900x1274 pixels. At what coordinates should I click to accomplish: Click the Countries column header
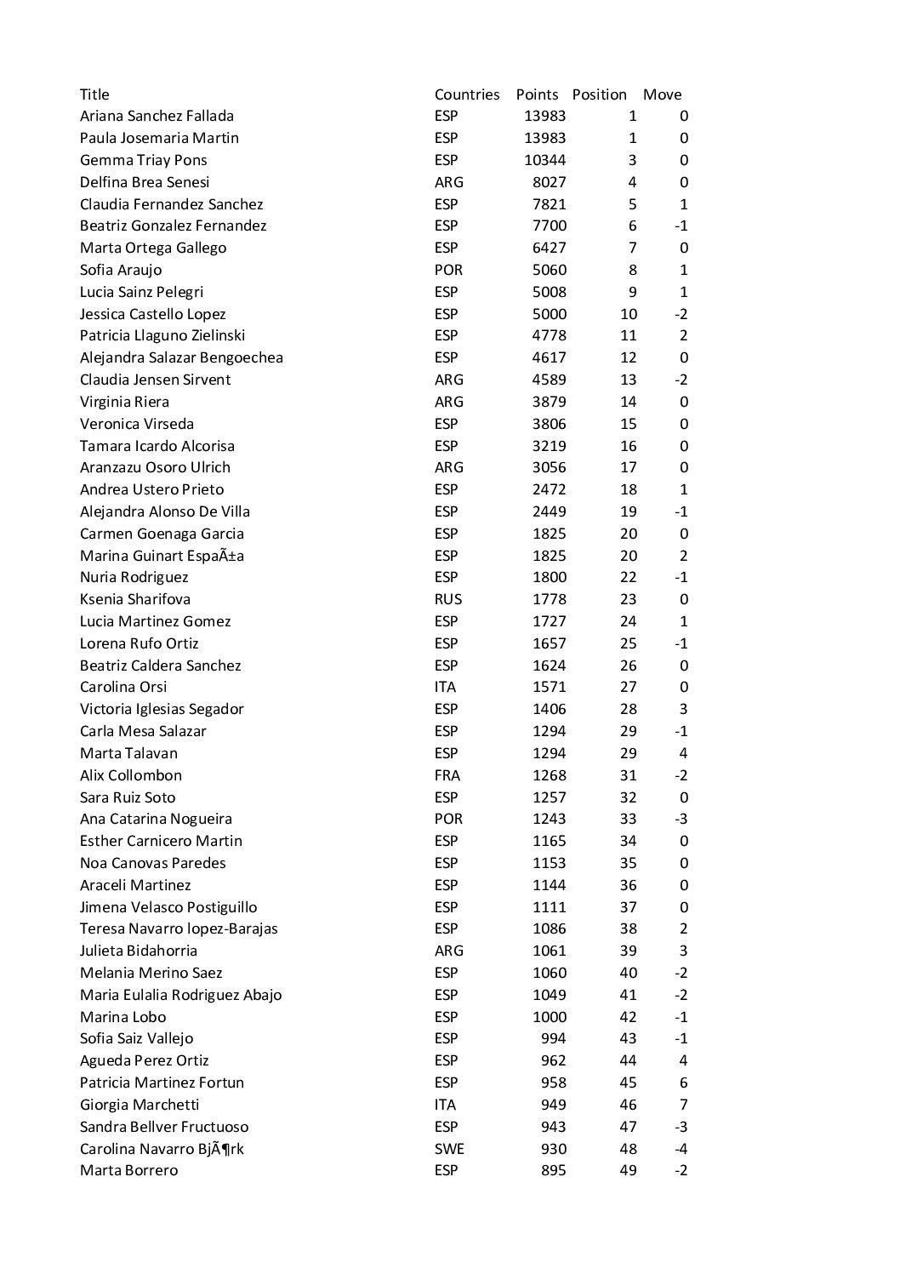466,94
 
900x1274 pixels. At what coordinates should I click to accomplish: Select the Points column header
537,94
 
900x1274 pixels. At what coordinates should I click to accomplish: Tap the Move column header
662,94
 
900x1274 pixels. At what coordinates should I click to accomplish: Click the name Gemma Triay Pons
143,160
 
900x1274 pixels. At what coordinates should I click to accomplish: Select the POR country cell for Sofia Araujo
448,270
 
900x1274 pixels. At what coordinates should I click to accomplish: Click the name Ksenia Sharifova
135,599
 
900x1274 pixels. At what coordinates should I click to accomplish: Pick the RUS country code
448,599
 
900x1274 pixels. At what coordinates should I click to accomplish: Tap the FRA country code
447,775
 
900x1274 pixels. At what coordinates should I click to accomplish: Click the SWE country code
449,1149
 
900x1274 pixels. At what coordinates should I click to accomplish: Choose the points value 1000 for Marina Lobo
549,1017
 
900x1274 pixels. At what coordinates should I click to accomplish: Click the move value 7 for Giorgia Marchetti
684,1105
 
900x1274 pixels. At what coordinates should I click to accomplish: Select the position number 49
628,1170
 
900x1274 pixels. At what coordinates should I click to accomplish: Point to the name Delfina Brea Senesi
145,182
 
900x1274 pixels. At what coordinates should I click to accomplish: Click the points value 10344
544,160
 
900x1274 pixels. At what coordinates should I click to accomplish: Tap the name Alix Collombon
131,775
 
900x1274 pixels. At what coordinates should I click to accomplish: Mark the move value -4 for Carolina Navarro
681,1149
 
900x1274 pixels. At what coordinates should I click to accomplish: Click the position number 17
628,467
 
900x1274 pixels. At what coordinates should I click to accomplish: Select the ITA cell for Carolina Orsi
445,687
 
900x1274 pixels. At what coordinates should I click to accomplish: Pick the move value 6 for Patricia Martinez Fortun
684,1083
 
